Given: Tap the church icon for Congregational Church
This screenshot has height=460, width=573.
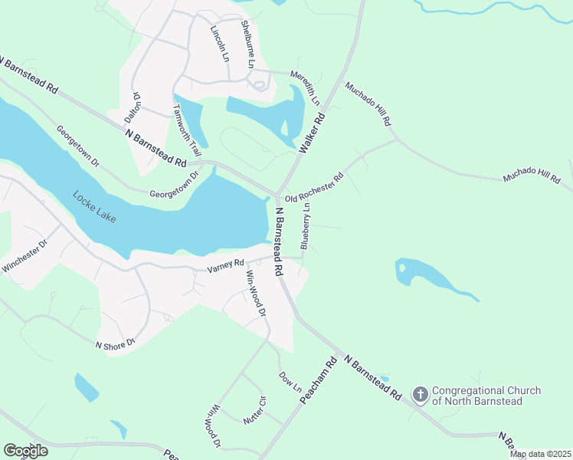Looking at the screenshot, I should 420,395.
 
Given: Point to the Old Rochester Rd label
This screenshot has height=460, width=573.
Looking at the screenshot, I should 314,188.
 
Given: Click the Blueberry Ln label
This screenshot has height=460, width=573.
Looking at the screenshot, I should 306,225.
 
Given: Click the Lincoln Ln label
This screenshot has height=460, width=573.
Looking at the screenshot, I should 219,43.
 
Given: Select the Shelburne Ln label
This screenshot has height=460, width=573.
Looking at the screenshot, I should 247,42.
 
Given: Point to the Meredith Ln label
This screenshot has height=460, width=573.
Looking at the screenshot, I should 306,84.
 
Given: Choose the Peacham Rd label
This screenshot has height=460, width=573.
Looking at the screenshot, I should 319,382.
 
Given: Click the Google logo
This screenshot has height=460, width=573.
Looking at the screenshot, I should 25,451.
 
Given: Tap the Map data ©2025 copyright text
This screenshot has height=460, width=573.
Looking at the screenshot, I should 540,454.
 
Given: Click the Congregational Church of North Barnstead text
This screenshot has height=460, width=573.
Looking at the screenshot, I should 486,396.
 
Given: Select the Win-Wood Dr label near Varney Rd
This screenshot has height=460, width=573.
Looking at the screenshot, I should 256,294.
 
